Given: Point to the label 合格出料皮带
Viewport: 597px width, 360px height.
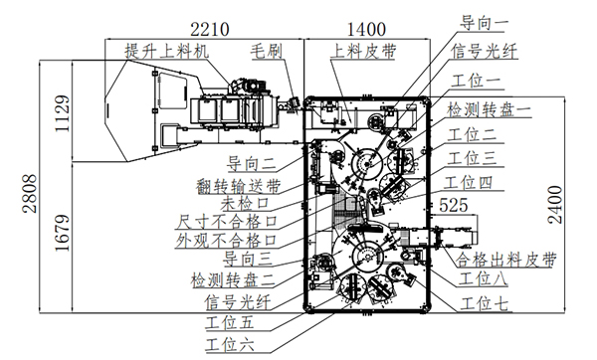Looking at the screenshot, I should point(506,260).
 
